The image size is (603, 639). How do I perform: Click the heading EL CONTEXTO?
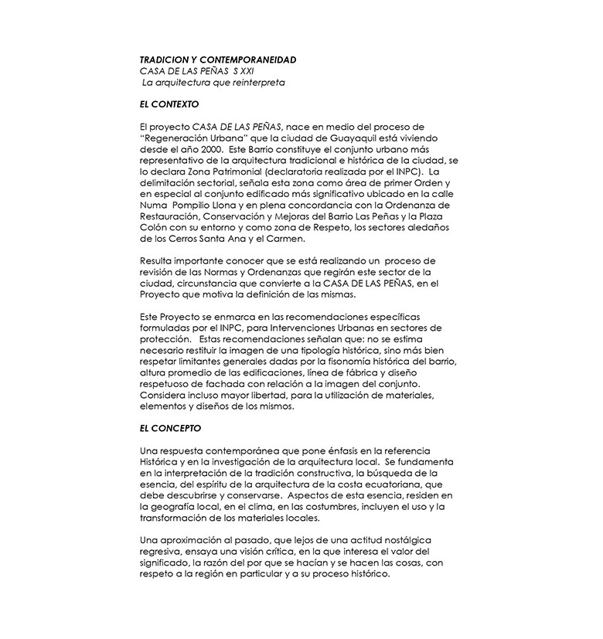tap(169, 103)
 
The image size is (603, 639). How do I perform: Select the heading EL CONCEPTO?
tap(170, 427)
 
